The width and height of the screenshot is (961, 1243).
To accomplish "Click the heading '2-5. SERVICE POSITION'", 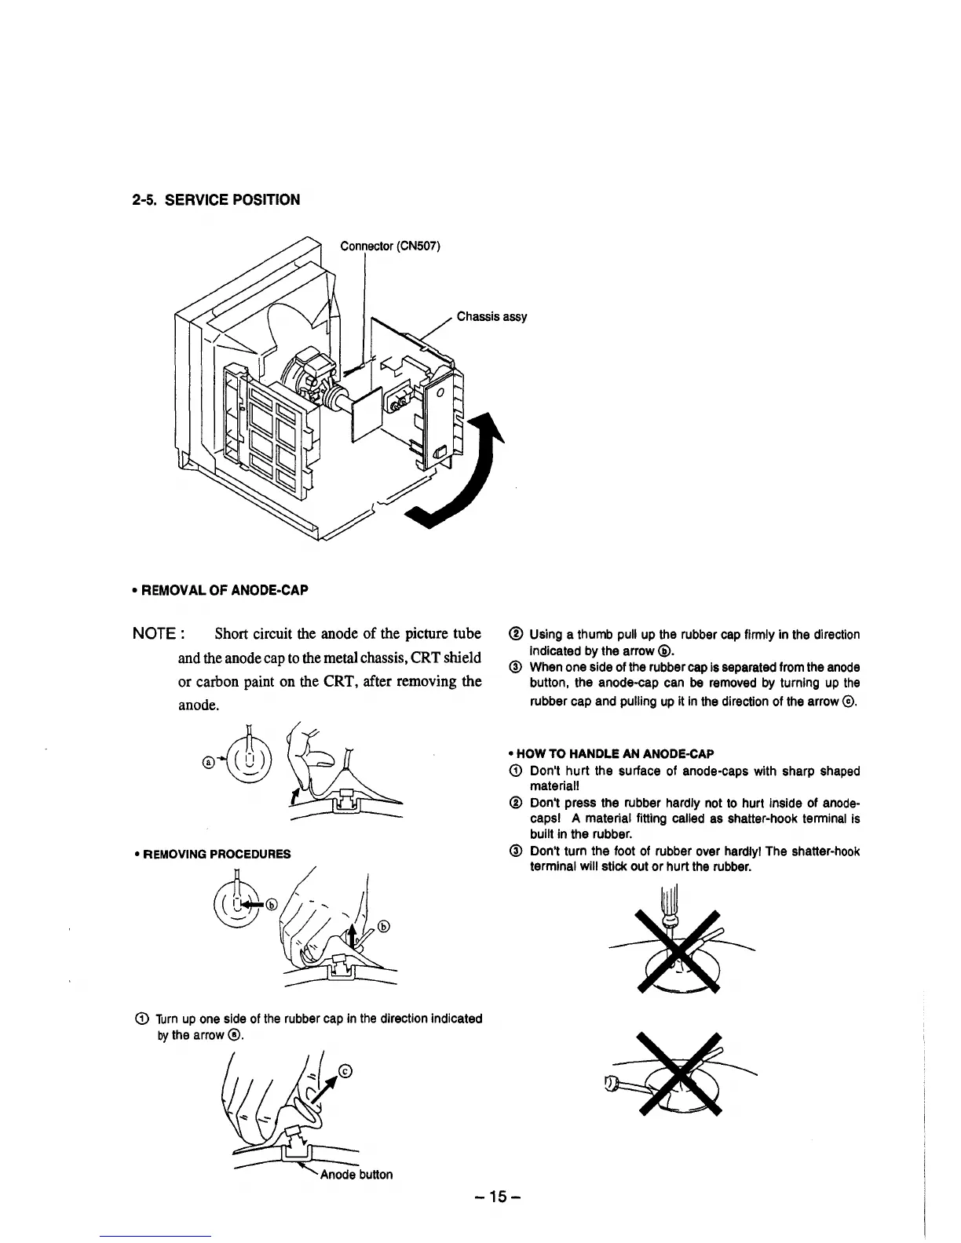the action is point(215,199).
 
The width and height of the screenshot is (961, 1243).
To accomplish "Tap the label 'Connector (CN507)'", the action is point(390,246).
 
